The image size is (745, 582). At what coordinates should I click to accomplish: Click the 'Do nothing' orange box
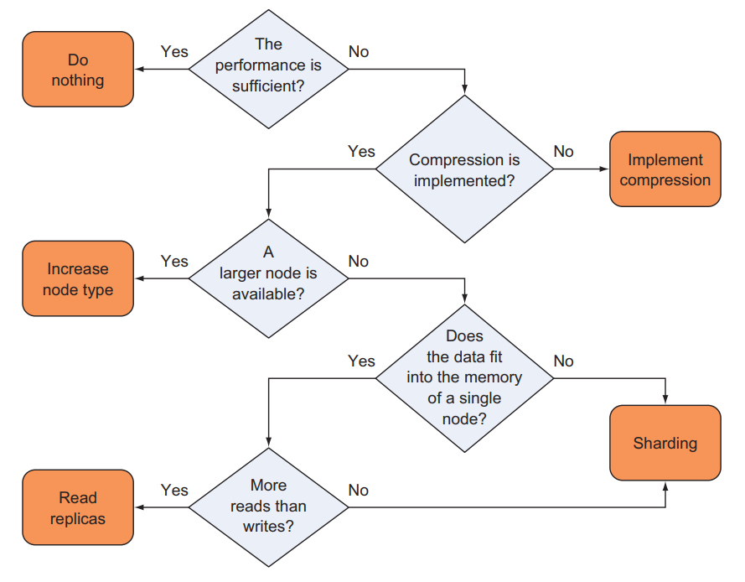point(78,70)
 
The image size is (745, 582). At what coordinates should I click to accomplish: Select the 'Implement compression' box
point(665,169)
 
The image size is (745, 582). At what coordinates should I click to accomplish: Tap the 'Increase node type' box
point(78,279)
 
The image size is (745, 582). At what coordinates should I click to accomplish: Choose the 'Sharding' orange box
point(665,443)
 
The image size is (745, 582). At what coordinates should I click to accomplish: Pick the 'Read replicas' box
point(78,507)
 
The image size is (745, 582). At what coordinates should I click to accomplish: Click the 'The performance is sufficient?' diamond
point(268,70)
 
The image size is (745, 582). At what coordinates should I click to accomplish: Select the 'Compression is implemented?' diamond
point(463,169)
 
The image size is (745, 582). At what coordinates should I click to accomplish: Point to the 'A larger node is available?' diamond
point(268,278)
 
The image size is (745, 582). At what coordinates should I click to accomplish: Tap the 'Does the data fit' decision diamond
point(463,377)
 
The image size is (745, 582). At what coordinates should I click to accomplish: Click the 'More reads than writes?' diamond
point(268,507)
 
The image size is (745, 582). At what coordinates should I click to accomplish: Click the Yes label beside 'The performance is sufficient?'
point(174,52)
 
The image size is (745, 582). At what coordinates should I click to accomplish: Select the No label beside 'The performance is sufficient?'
point(358,52)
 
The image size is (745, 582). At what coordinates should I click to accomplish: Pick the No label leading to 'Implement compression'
point(563,152)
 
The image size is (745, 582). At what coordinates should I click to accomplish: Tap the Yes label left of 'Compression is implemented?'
point(361,152)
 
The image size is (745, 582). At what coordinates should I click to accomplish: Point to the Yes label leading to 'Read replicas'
point(174,490)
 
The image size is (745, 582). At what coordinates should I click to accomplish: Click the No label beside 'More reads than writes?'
point(358,490)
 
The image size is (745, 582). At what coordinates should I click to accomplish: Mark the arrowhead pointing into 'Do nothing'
point(139,70)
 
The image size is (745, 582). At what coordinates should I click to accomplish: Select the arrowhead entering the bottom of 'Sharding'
point(665,486)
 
